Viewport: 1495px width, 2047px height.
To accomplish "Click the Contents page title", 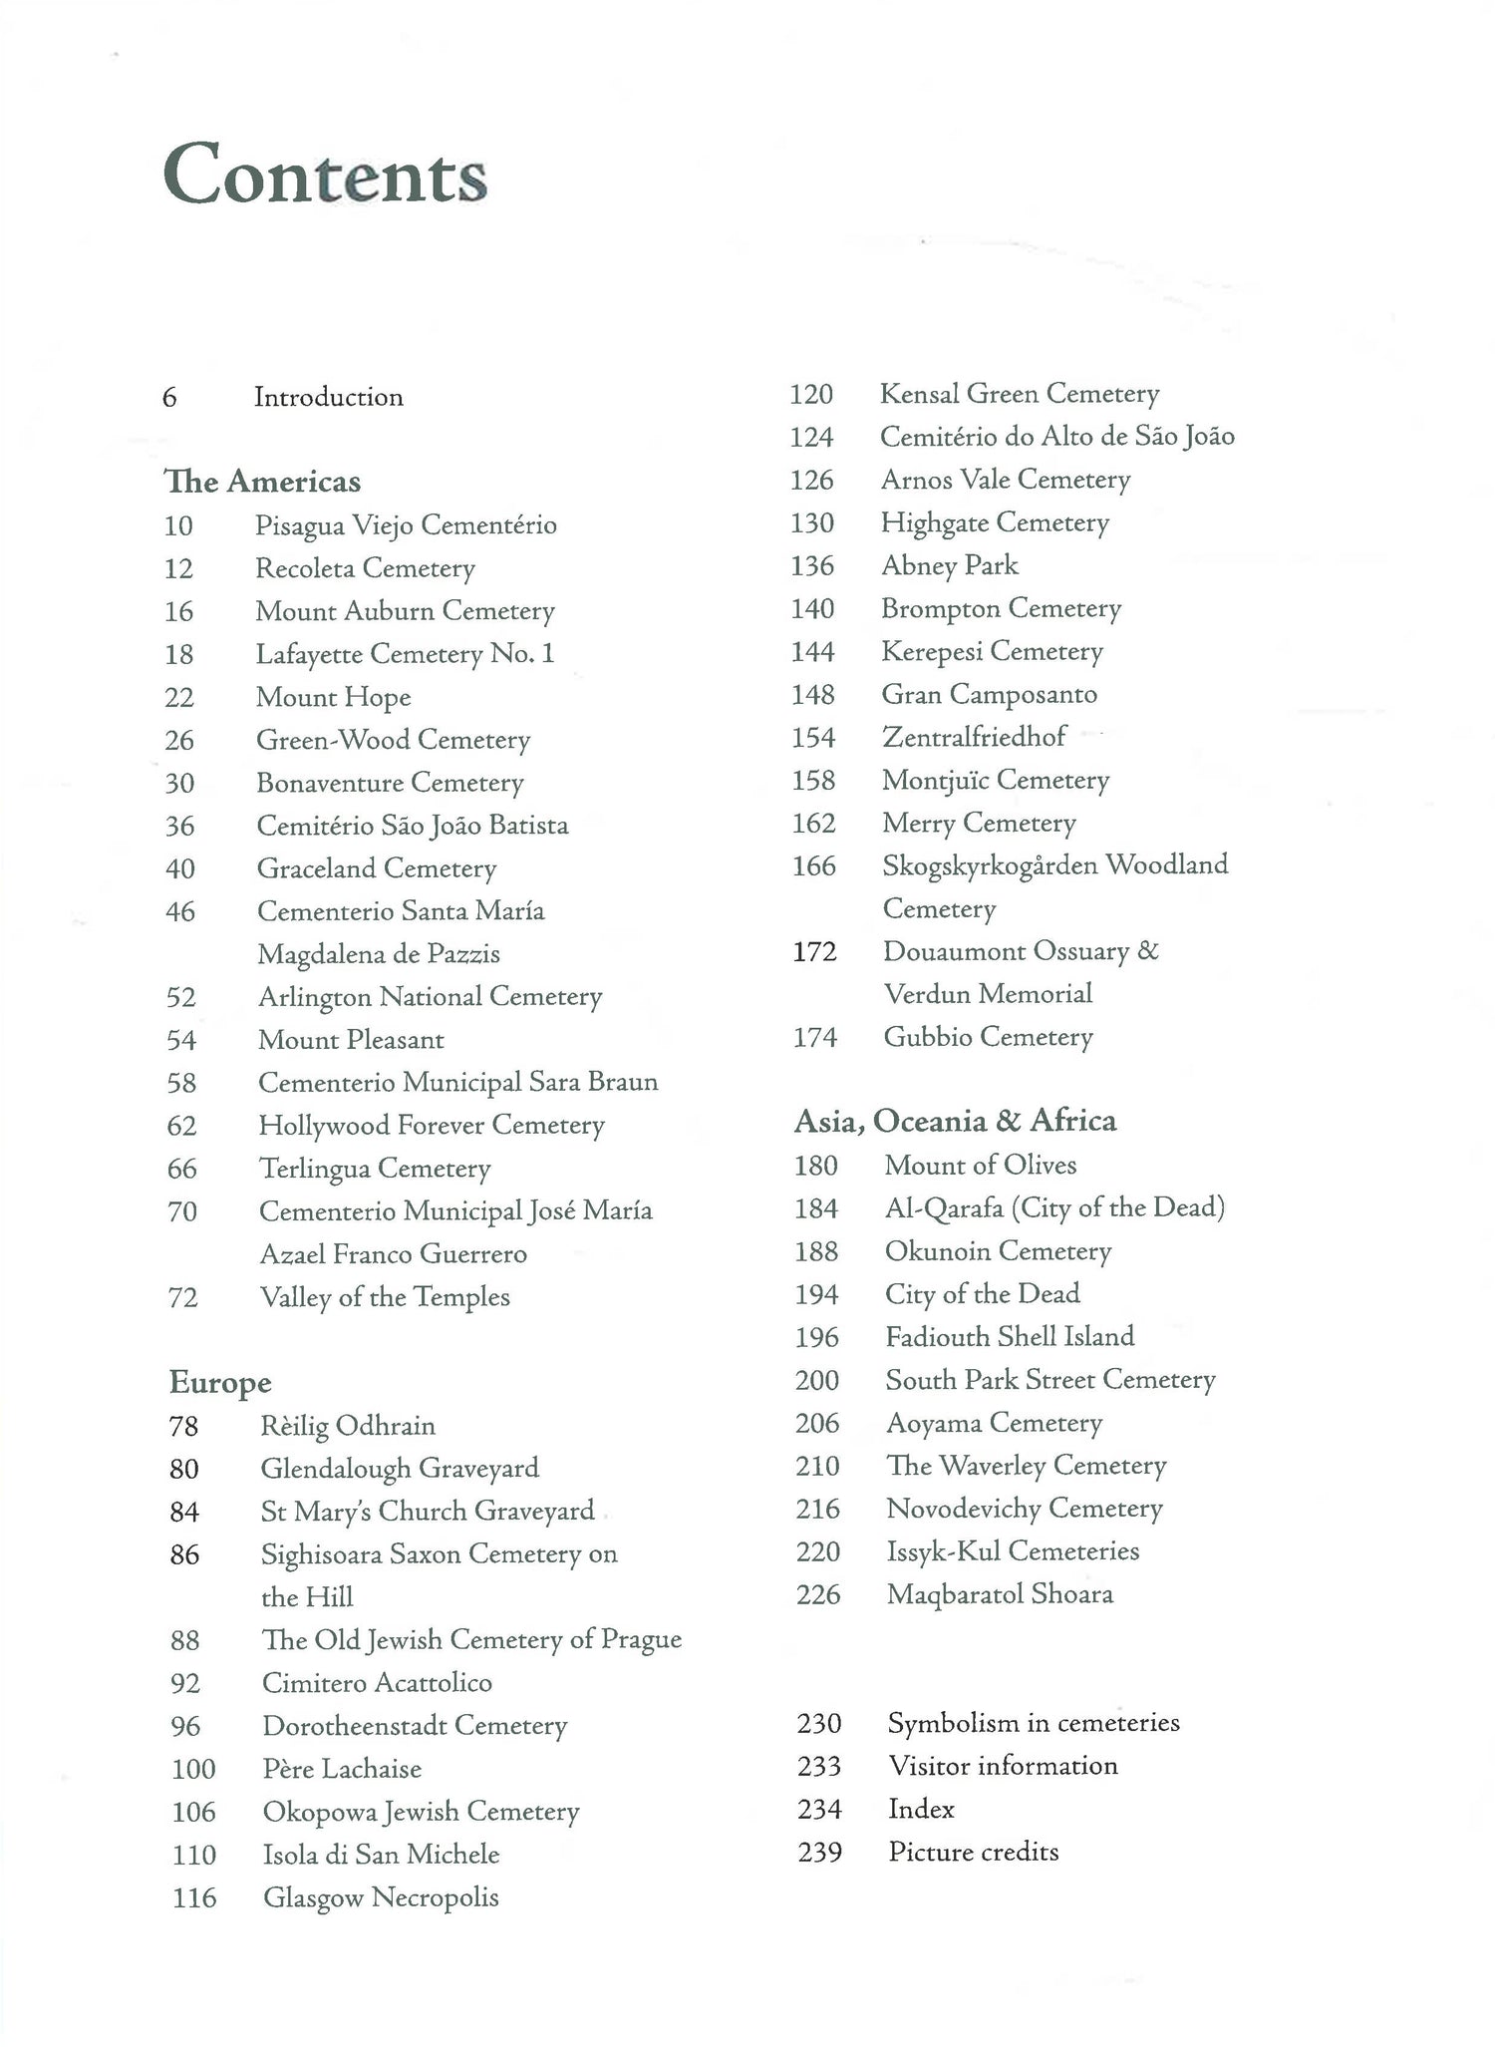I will click(325, 174).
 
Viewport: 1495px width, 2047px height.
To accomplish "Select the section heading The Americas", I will click(262, 482).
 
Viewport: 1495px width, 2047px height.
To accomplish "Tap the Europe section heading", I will click(220, 1383).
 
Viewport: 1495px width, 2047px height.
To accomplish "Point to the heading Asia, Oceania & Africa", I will click(955, 1121).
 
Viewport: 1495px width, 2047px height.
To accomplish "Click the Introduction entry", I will click(328, 397).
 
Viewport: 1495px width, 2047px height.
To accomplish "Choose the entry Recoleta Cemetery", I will click(365, 568).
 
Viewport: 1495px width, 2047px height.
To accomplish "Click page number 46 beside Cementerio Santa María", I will click(180, 911).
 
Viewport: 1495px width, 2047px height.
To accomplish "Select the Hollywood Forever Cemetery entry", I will click(432, 1126).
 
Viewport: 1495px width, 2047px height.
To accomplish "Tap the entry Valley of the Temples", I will click(385, 1297).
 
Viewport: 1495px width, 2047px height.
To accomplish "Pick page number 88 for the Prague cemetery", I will click(185, 1640).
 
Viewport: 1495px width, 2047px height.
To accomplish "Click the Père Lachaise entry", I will click(342, 1769).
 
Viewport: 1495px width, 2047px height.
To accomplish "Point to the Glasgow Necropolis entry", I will click(381, 1897).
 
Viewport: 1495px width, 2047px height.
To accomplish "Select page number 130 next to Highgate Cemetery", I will click(812, 522).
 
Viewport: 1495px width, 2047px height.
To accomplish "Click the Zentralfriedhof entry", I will click(974, 737).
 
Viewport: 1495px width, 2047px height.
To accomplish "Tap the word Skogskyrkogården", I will click(990, 864).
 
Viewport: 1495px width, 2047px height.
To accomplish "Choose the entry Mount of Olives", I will click(981, 1165).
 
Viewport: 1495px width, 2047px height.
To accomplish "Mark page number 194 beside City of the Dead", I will click(816, 1294).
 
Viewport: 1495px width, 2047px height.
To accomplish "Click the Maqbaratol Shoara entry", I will click(1000, 1594).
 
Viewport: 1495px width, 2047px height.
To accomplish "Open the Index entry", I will click(921, 1810).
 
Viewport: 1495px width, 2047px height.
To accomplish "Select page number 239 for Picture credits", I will click(820, 1853).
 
